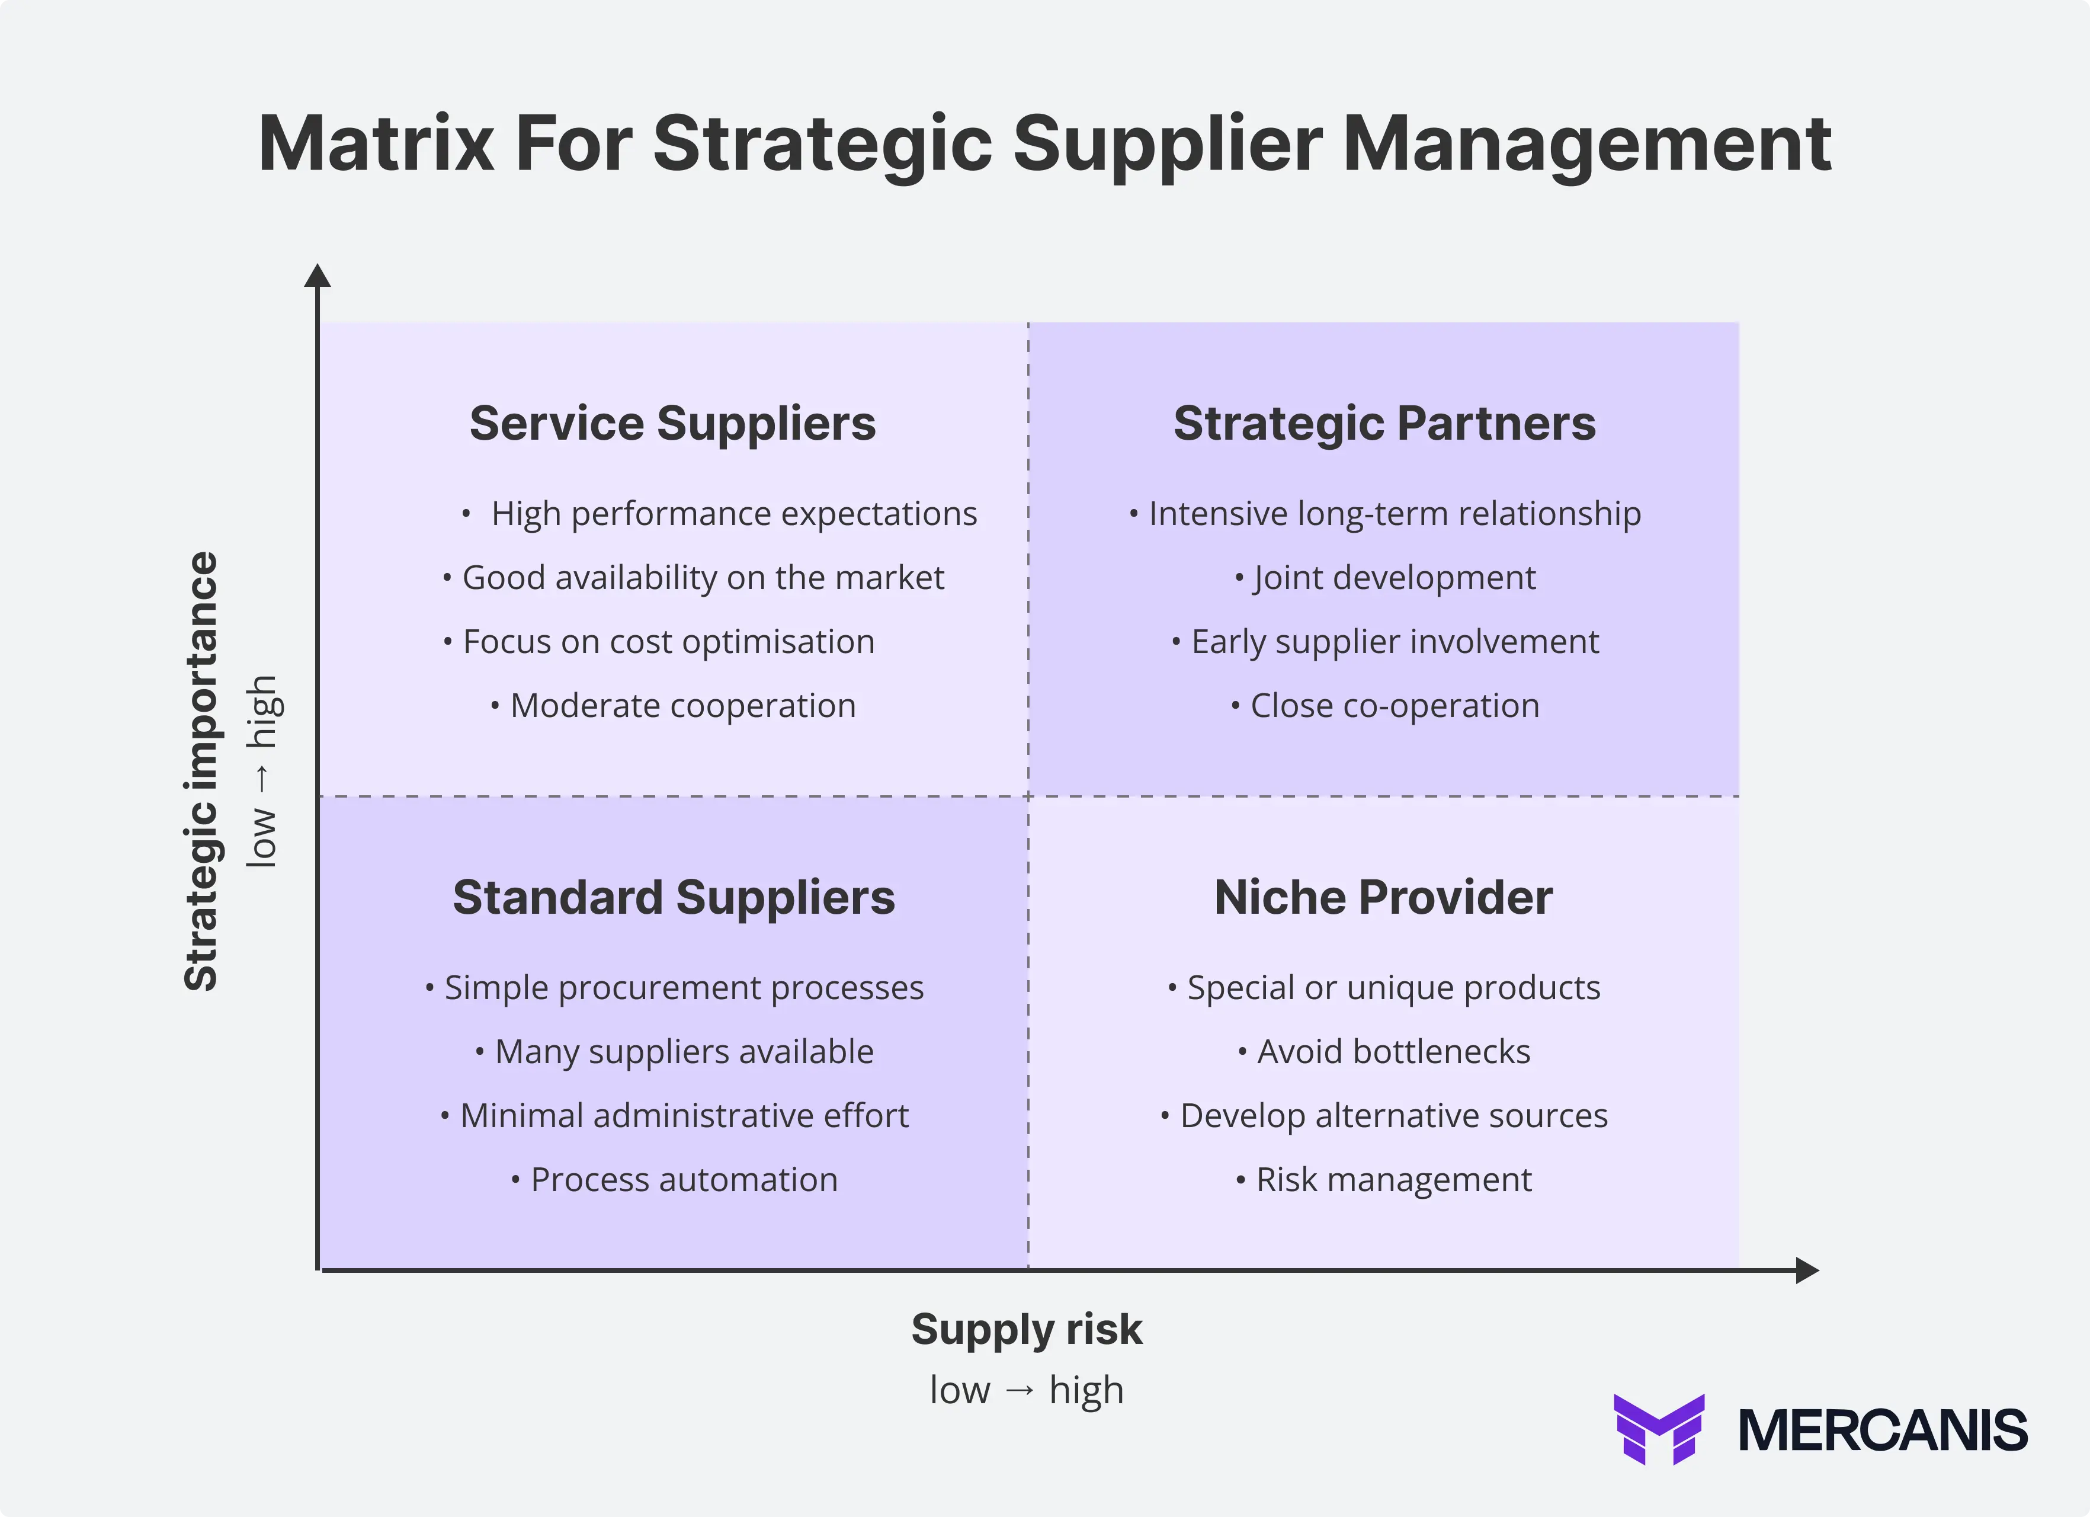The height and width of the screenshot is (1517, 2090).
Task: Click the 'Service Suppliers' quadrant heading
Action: [673, 424]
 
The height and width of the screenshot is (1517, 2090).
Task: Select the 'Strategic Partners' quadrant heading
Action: [1384, 424]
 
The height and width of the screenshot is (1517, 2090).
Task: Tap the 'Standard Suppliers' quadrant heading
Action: [674, 898]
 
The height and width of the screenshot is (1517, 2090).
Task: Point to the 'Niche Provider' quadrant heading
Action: [1383, 898]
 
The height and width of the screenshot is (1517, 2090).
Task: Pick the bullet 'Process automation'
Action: [683, 1180]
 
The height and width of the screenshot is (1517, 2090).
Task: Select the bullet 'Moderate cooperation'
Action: [682, 706]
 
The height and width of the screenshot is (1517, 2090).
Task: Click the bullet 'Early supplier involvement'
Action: [1395, 641]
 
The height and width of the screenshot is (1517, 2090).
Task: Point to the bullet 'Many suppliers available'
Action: [683, 1052]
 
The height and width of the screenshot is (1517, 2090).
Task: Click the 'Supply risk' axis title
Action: [1027, 1330]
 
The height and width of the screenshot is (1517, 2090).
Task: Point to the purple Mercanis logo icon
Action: [1659, 1429]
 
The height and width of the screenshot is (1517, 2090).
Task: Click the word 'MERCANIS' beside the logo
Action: [1883, 1430]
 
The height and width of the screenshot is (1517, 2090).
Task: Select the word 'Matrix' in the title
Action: [376, 144]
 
